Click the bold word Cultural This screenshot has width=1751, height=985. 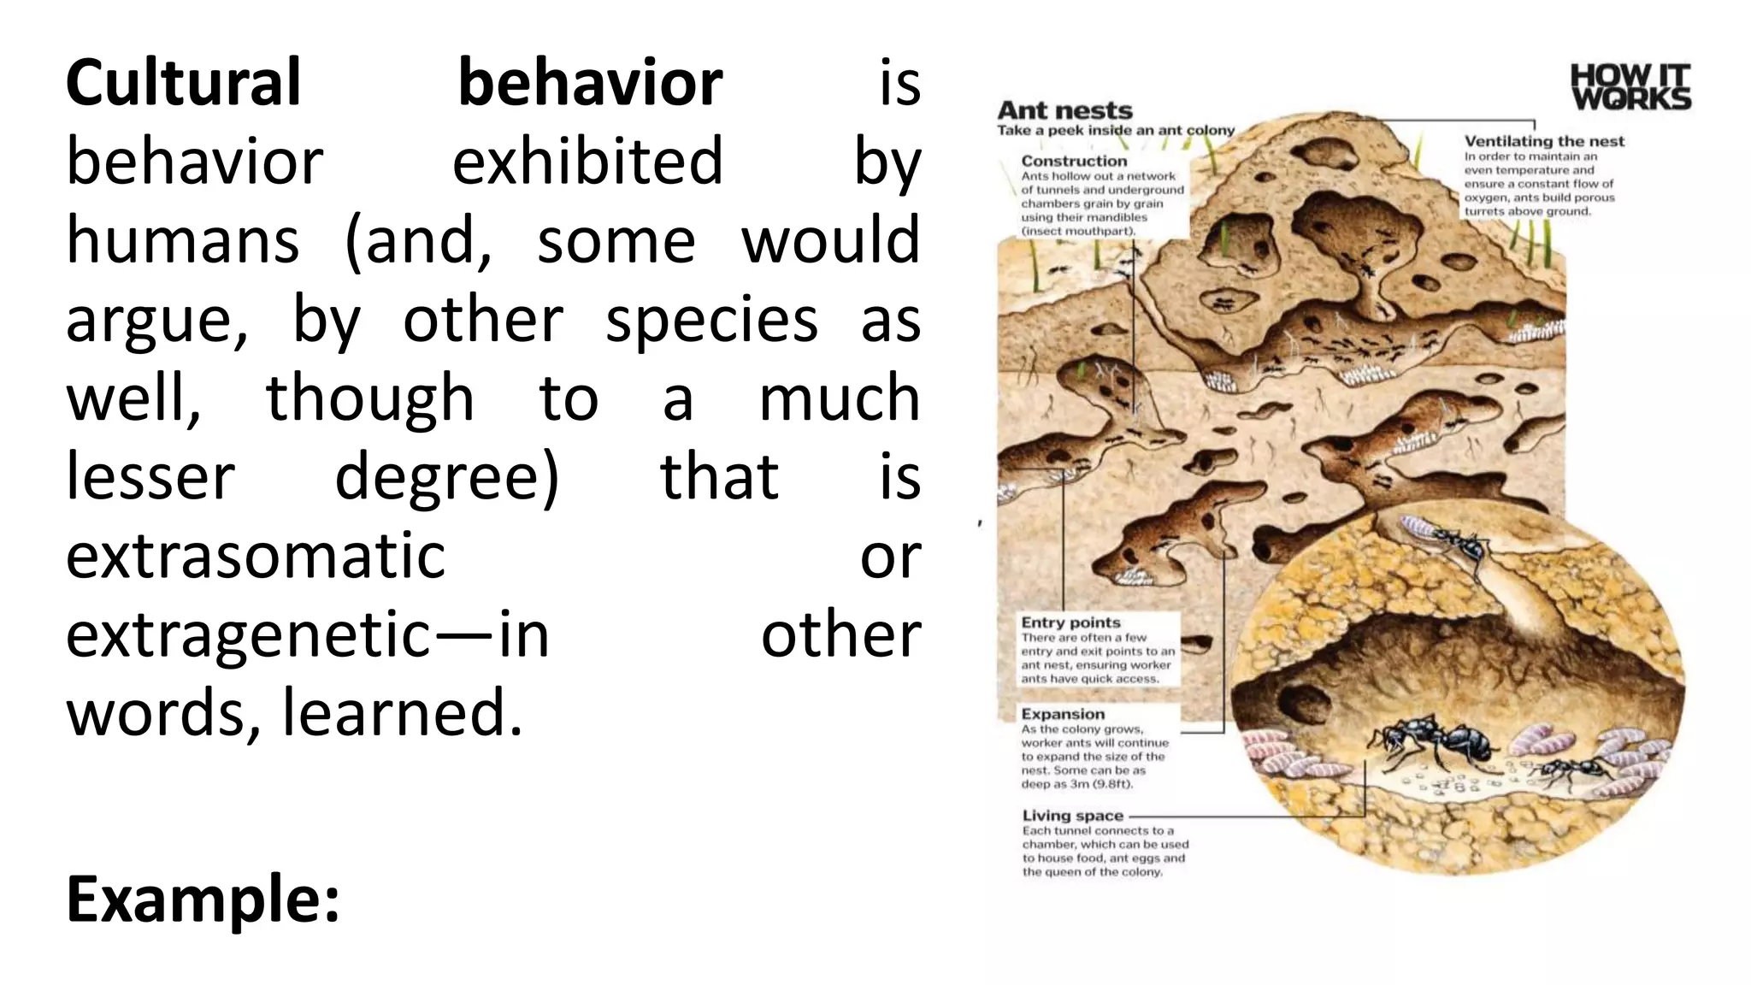tap(183, 83)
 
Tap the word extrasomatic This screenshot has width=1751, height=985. tap(256, 556)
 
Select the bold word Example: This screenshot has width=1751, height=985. tap(203, 899)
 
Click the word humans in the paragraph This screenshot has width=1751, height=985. tap(183, 240)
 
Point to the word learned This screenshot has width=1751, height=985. tap(402, 713)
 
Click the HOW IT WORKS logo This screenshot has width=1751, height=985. tap(1630, 87)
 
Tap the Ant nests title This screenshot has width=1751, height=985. tap(1064, 110)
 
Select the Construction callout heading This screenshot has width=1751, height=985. tap(1074, 161)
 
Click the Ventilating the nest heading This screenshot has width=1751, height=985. tap(1543, 141)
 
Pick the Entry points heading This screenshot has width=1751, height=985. tap(1070, 622)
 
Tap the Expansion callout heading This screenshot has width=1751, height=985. tap(1063, 714)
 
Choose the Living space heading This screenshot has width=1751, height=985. tap(1072, 816)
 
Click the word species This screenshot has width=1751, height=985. tap(711, 320)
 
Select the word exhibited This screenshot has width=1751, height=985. tap(587, 162)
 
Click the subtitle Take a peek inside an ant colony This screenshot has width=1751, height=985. tap(1116, 130)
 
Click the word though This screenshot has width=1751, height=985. tap(369, 398)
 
